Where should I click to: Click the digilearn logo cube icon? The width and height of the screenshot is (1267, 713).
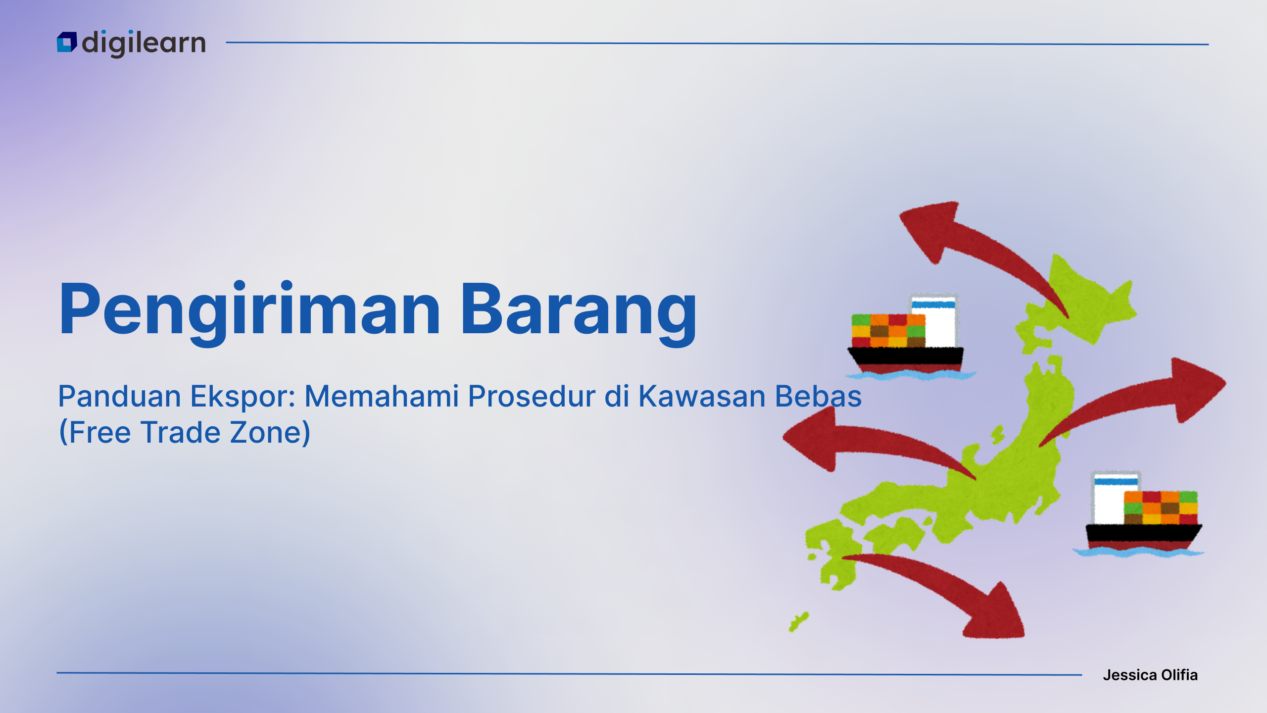[67, 42]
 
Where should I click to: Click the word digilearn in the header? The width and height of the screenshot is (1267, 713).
[144, 44]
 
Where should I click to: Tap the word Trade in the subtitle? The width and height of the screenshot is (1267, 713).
[181, 432]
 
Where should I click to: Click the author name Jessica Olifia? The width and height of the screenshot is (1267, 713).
[1150, 675]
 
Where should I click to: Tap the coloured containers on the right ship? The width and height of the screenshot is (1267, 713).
[1161, 508]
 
